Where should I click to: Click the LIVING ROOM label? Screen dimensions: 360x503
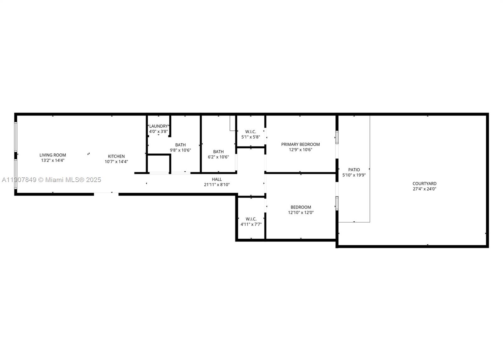coord(53,155)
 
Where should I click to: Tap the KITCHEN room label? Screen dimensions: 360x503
coord(116,156)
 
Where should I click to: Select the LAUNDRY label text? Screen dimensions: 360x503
coord(158,126)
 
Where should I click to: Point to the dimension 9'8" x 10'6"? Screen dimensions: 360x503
coord(180,150)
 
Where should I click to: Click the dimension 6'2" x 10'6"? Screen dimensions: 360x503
coord(218,157)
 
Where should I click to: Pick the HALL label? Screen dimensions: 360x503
coord(217,179)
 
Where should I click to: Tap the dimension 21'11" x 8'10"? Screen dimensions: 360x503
coord(217,185)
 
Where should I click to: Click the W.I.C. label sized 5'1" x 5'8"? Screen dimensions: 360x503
coord(251,132)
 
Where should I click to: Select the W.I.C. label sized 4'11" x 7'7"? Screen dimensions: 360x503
coord(251,219)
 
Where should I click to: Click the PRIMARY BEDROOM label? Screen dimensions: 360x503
coord(301,144)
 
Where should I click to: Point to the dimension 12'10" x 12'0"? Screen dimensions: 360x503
coord(301,213)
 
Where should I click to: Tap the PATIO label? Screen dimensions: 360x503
coord(354,170)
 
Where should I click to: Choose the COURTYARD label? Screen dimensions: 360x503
coord(424,184)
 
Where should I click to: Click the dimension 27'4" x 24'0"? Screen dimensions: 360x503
coord(424,189)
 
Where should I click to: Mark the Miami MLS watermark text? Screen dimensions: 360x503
coord(52,180)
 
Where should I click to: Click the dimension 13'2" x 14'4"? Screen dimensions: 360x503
coord(53,160)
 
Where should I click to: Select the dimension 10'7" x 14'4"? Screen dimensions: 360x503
coord(116,162)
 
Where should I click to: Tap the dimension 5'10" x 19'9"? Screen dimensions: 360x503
coord(354,175)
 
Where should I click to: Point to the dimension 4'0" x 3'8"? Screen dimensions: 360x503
coord(158,131)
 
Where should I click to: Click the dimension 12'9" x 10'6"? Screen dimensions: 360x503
coord(301,150)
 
